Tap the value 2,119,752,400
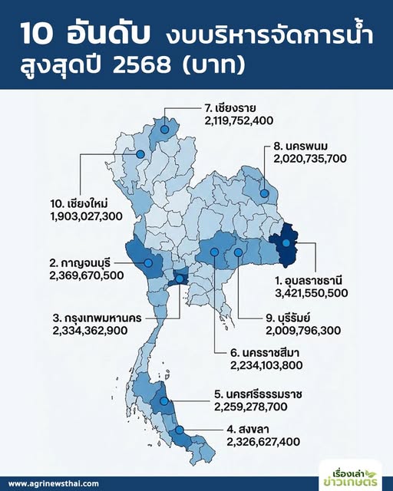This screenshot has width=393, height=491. tap(244, 121)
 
